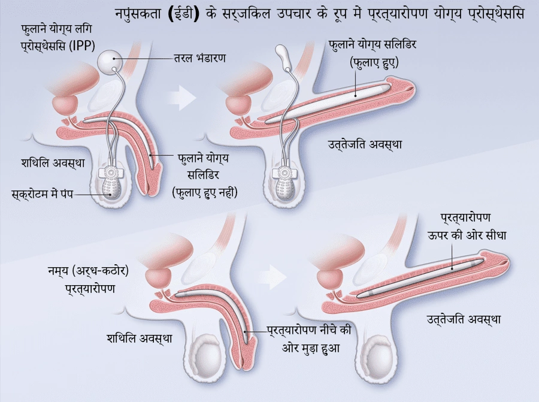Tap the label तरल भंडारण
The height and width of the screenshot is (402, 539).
click(x=200, y=58)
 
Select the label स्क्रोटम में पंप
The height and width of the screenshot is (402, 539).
click(x=43, y=194)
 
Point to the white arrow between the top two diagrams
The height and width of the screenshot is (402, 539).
click(x=182, y=98)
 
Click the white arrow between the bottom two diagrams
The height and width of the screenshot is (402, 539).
click(x=272, y=277)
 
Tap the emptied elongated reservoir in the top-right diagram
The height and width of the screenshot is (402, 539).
click(x=284, y=56)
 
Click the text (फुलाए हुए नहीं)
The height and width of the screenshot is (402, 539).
click(x=205, y=192)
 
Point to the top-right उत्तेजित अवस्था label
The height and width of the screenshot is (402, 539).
click(x=365, y=144)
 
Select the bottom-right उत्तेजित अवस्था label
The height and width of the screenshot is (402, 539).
click(x=464, y=319)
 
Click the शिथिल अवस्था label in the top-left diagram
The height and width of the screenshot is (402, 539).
click(x=53, y=162)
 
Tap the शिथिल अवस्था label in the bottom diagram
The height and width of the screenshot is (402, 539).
click(x=140, y=338)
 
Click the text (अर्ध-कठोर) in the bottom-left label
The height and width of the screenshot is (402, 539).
click(x=100, y=271)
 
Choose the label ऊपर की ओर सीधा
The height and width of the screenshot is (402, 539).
click(x=467, y=235)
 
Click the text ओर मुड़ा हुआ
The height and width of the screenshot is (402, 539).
click(x=311, y=348)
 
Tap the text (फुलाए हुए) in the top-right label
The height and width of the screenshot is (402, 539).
click(x=374, y=62)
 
